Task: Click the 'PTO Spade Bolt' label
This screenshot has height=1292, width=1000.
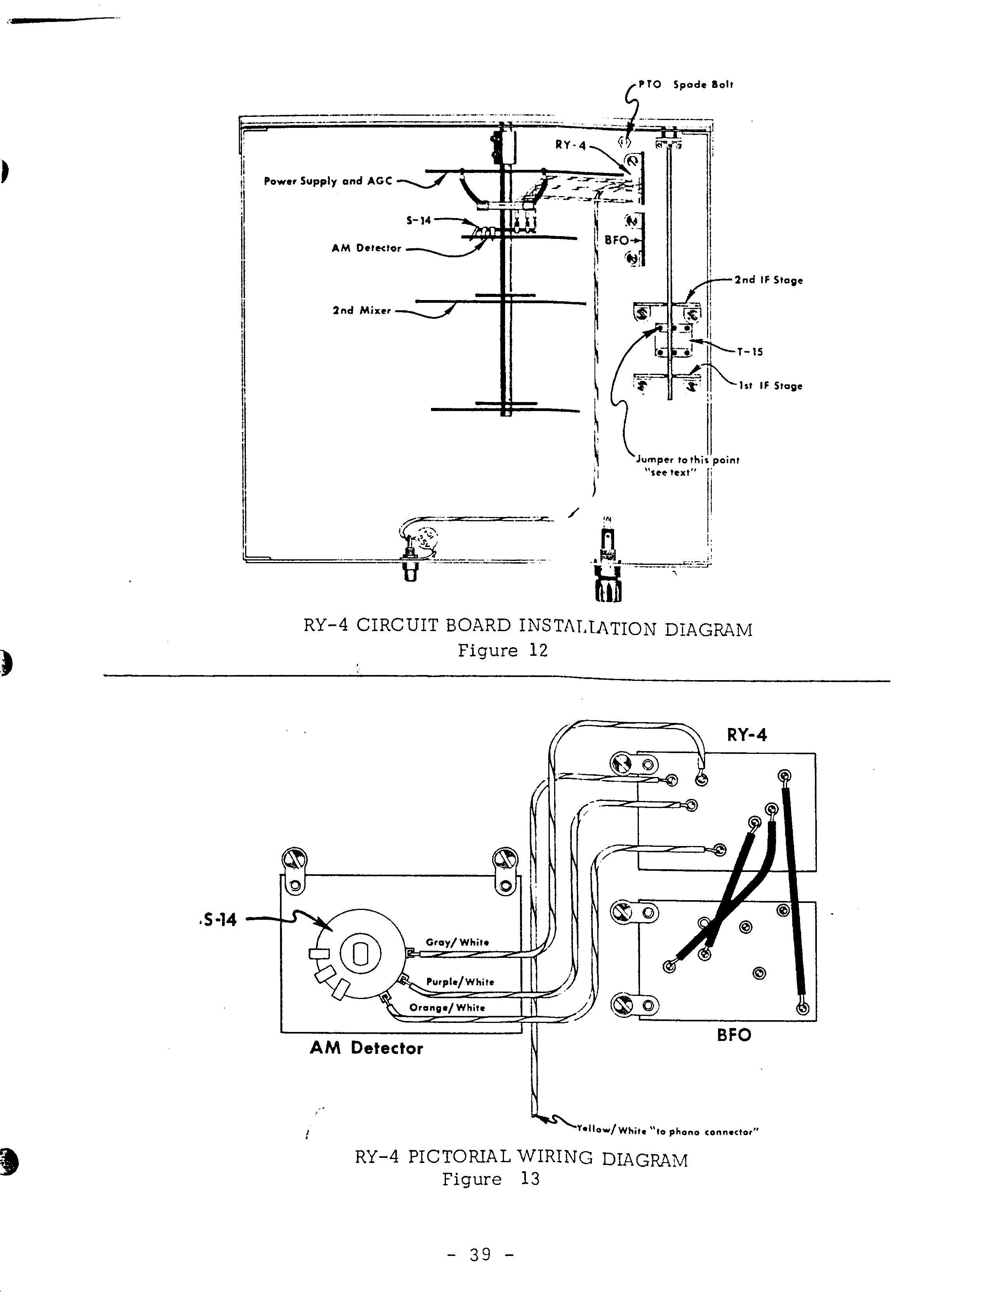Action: (x=685, y=85)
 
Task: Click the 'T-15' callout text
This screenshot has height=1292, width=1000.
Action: (x=750, y=352)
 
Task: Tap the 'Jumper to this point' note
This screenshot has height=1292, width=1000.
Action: (x=687, y=460)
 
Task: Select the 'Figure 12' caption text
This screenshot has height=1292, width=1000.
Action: (x=503, y=651)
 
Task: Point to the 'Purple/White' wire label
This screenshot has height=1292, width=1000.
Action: (x=460, y=981)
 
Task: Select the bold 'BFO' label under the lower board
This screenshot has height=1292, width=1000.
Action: (x=734, y=1035)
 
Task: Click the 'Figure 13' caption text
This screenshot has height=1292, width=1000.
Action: (x=491, y=1179)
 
